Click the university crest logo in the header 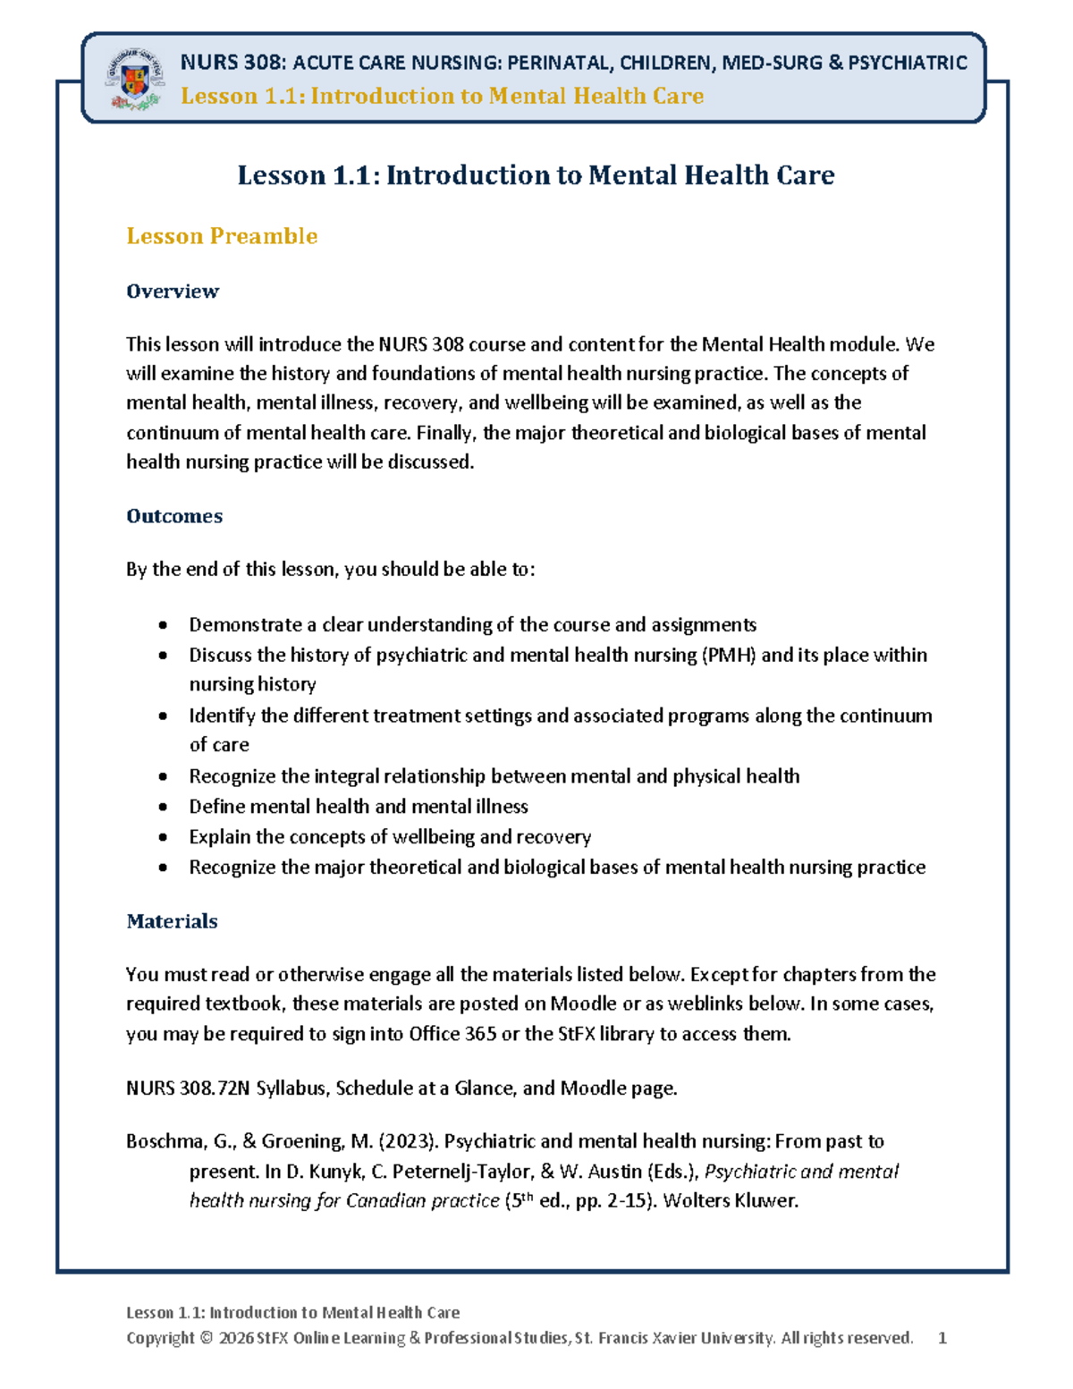pyautogui.click(x=135, y=79)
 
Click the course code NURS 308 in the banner pyautogui.click(x=233, y=63)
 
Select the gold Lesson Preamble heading pyautogui.click(x=222, y=236)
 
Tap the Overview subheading pyautogui.click(x=173, y=292)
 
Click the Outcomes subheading pyautogui.click(x=174, y=516)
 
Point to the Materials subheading pyautogui.click(x=172, y=921)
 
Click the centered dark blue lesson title pyautogui.click(x=536, y=175)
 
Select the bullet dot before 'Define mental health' pyautogui.click(x=163, y=807)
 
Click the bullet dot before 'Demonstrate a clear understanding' pyautogui.click(x=163, y=625)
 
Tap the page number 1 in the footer pyautogui.click(x=942, y=1338)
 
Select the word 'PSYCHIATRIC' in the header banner pyautogui.click(x=907, y=63)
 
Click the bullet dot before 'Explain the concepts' pyautogui.click(x=163, y=837)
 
